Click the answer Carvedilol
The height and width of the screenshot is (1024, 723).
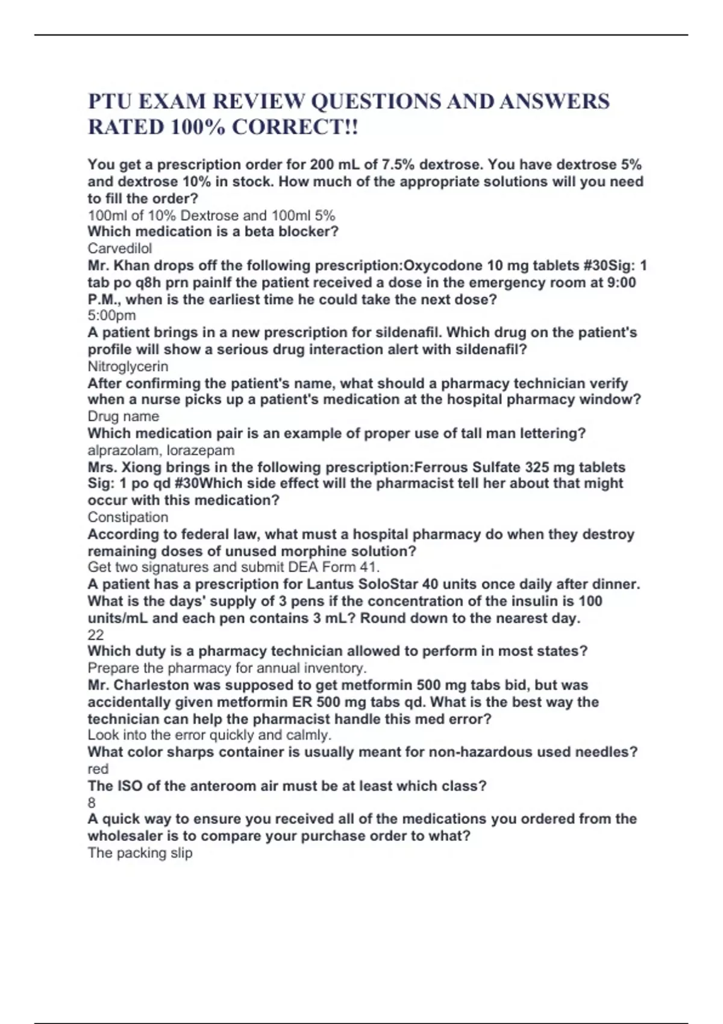120,248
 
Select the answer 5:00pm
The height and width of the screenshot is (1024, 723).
111,316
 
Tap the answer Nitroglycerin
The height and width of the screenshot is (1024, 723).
128,366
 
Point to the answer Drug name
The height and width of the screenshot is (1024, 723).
124,416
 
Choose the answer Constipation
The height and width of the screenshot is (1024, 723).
128,517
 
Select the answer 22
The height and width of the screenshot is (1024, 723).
95,635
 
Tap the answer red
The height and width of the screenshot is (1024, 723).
98,769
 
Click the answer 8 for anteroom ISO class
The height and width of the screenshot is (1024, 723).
92,803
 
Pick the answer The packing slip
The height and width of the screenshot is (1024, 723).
140,853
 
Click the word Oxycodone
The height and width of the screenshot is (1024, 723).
443,266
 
